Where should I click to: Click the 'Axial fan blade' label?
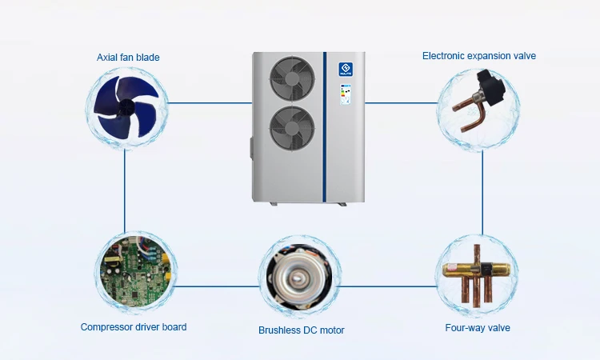point(127,57)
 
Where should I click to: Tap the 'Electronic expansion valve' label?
point(478,56)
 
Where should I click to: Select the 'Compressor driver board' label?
point(134,327)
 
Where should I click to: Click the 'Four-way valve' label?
point(477,327)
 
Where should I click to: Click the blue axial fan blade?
point(126,108)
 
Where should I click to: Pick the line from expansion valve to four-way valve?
point(482,192)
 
